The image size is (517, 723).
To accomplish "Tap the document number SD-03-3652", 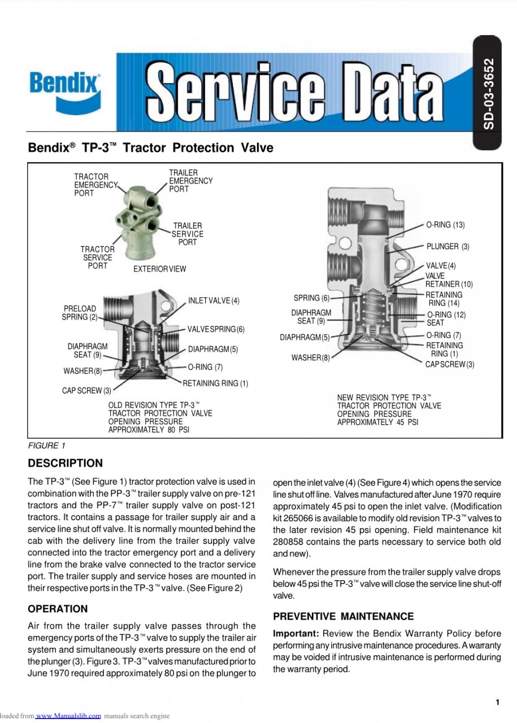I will pos(489,93).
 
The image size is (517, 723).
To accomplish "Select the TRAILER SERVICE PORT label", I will pos(188,234).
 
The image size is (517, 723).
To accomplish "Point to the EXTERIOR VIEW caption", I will pos(159,269).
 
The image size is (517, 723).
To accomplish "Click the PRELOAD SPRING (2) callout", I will pos(80,313).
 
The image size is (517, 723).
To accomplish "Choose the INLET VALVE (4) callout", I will pos(214,300).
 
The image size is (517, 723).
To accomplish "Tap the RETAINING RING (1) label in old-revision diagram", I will pos(215,384).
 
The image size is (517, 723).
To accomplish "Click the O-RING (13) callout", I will pos(445,225).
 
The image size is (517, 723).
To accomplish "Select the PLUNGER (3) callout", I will pos(448,246).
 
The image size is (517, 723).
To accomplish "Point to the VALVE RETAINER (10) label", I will pos(449,280).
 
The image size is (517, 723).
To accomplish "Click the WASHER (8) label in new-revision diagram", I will pos(310,358).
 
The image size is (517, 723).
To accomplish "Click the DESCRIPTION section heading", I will pos(66,463).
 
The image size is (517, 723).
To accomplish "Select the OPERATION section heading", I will pos(58,609).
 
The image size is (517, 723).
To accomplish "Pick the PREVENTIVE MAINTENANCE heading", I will pos(343,616).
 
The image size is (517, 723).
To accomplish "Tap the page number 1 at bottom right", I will pos(497,702).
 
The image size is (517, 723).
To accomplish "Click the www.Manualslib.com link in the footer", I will pos(68,716).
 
